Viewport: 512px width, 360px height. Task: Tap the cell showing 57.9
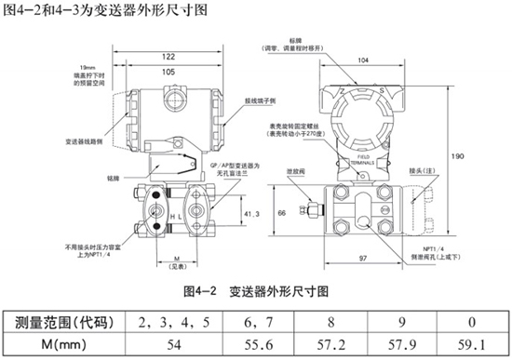(404, 343)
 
